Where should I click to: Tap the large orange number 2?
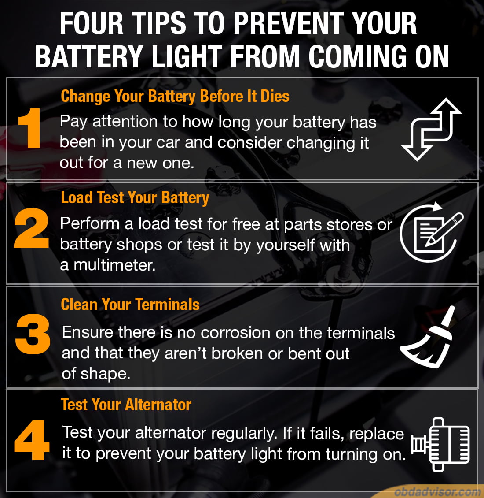[31, 228]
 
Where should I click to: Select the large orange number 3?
[33, 334]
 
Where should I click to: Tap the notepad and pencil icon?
[431, 232]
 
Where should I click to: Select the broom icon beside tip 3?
[427, 337]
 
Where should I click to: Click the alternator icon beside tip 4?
[440, 444]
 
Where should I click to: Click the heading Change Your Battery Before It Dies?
[175, 97]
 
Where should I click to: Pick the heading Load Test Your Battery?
[135, 198]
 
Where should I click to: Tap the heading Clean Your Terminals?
[130, 305]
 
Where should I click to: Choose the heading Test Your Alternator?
[126, 405]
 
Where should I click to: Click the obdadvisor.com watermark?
[438, 492]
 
